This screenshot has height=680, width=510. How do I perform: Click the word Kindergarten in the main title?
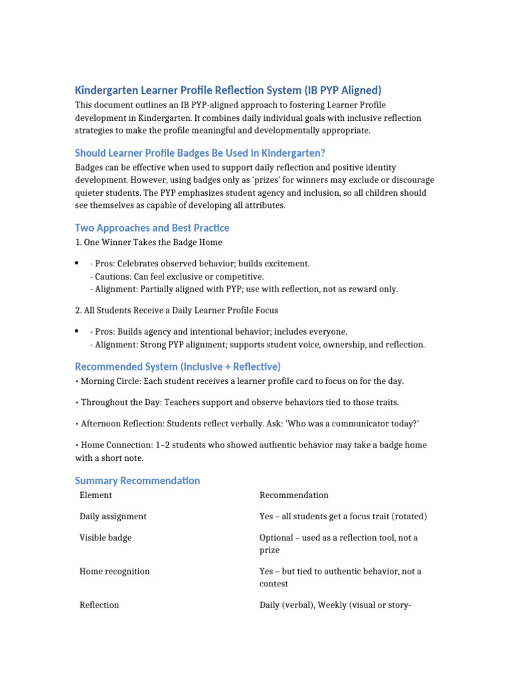coord(106,90)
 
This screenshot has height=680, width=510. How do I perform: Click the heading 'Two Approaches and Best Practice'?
coord(152,228)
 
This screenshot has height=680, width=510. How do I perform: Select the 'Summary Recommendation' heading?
coord(137,480)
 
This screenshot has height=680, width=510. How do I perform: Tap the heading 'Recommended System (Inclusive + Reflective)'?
coord(178,367)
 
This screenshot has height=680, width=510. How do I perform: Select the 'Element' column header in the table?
coord(96,495)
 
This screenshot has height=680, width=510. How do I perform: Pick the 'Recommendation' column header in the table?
coord(294,495)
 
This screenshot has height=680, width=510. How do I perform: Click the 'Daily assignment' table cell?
coord(113,516)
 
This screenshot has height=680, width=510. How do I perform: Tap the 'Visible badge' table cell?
coord(106,537)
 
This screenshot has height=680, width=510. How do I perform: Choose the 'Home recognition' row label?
coord(114,571)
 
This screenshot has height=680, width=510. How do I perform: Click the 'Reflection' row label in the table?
coord(100,605)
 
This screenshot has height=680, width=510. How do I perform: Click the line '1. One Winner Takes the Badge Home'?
coord(149,242)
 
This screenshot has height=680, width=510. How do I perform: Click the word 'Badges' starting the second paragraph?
coord(90,168)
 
